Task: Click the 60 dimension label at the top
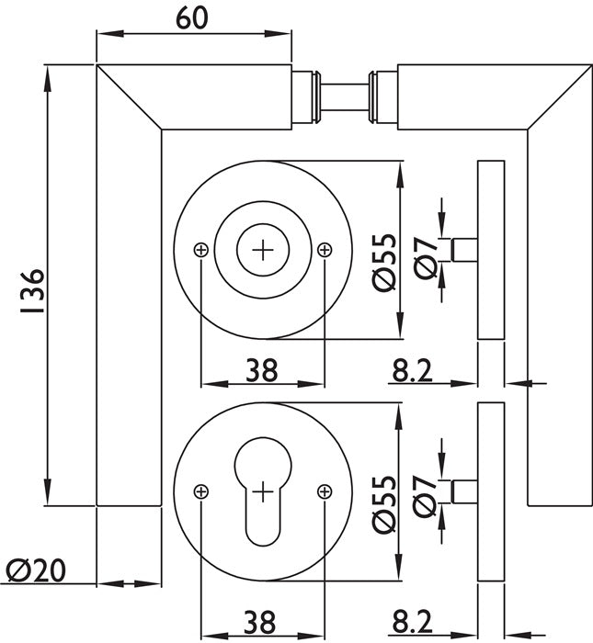click(x=192, y=18)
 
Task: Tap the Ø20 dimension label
click(x=35, y=571)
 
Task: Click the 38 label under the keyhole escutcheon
click(x=261, y=624)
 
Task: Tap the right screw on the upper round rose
click(x=323, y=249)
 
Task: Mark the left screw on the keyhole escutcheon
click(x=201, y=491)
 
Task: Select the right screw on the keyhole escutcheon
click(x=323, y=491)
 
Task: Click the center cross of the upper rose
click(x=263, y=249)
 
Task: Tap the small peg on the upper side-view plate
click(x=465, y=250)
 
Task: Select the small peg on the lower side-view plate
click(x=465, y=491)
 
